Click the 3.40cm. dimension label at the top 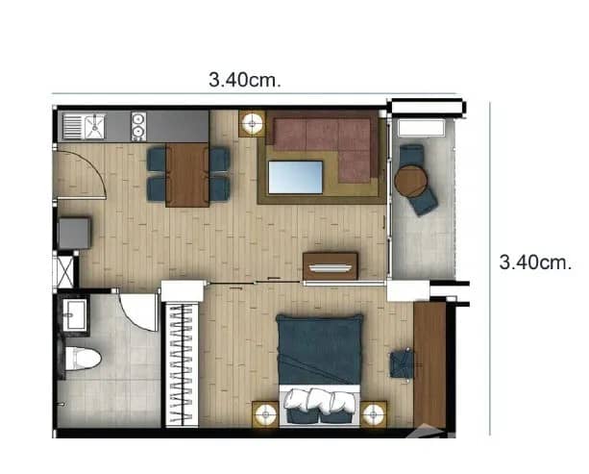click(245, 80)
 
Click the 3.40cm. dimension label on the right click(535, 261)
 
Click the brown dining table click(187, 174)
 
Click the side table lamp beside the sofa click(253, 123)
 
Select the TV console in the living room click(330, 265)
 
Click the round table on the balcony click(409, 181)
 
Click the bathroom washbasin click(74, 312)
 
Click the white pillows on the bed click(319, 400)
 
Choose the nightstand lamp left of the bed click(265, 413)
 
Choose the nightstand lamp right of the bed click(374, 413)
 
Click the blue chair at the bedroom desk click(402, 363)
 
